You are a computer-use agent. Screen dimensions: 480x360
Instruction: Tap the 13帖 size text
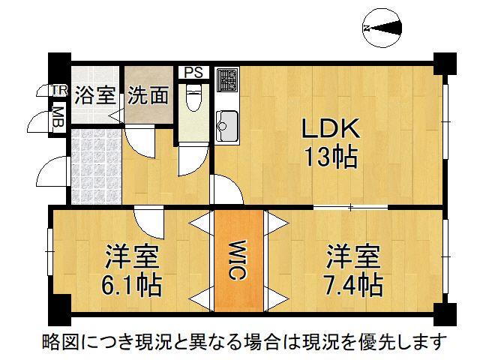click(330, 157)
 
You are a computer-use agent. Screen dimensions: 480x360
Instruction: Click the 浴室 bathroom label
click(96, 95)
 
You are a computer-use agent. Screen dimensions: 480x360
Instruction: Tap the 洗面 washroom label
click(148, 95)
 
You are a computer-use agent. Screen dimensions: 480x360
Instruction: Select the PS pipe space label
click(193, 73)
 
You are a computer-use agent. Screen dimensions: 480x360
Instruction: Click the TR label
click(58, 91)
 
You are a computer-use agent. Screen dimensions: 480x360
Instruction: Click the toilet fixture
click(193, 98)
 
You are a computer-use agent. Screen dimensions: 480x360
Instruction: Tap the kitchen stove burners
click(227, 79)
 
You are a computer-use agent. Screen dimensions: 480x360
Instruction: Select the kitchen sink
click(227, 121)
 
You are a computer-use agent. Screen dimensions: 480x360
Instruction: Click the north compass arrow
click(382, 28)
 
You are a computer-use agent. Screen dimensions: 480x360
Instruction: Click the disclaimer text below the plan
click(243, 342)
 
